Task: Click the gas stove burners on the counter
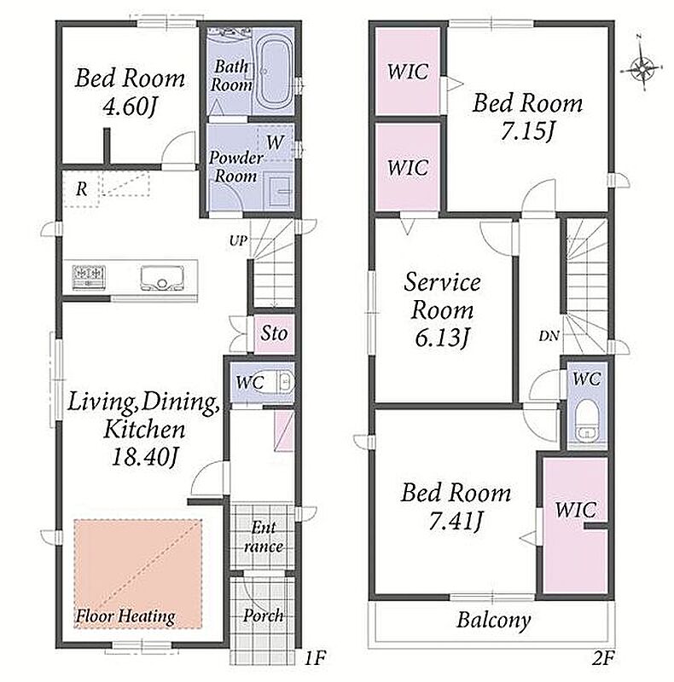coord(89,276)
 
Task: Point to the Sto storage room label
coord(274,333)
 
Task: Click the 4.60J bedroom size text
coord(130,106)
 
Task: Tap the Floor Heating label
coord(125,616)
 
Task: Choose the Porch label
coord(264,615)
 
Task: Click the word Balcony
coord(493,621)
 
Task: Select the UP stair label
coord(238,240)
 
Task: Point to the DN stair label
coord(549,336)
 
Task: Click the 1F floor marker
coord(314,658)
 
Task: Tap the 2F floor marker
coord(602,659)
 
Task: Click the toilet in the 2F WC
coord(587,419)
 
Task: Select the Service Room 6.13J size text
coord(441,338)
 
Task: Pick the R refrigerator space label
coord(81,188)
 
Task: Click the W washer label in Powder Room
coord(276,142)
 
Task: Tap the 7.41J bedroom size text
coord(456,521)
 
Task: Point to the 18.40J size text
coord(144,457)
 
